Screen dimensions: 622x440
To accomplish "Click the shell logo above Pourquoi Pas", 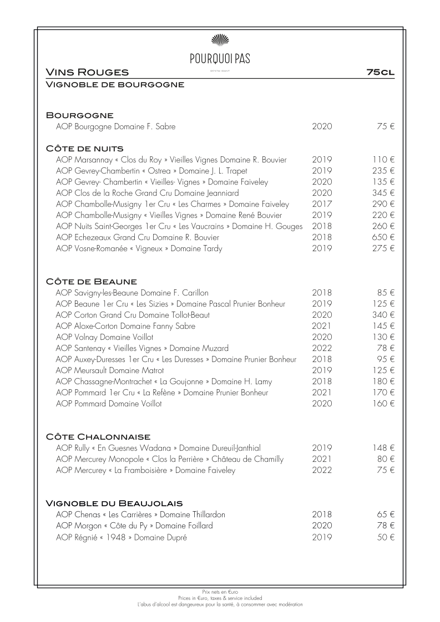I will (x=220, y=39).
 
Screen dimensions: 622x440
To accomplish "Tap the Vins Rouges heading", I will (x=87, y=72).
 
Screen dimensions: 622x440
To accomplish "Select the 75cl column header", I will (x=380, y=72).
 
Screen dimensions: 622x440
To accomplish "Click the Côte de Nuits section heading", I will (x=84, y=148).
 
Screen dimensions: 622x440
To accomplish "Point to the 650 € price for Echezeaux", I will (x=383, y=237).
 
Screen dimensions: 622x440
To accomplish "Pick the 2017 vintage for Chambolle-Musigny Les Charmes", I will (x=322, y=204).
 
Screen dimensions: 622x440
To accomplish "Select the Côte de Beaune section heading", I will (x=92, y=281).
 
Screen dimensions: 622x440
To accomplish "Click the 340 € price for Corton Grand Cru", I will (x=383, y=315).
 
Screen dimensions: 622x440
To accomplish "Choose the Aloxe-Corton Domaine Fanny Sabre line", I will (x=125, y=326).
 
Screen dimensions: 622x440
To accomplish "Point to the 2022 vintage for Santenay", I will (x=322, y=348).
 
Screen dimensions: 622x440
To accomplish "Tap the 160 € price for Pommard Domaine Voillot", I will (x=383, y=404).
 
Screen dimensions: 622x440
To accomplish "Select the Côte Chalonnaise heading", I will (x=98, y=436).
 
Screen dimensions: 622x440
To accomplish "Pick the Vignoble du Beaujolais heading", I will (x=114, y=503).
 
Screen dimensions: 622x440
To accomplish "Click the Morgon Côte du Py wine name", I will (x=134, y=526).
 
